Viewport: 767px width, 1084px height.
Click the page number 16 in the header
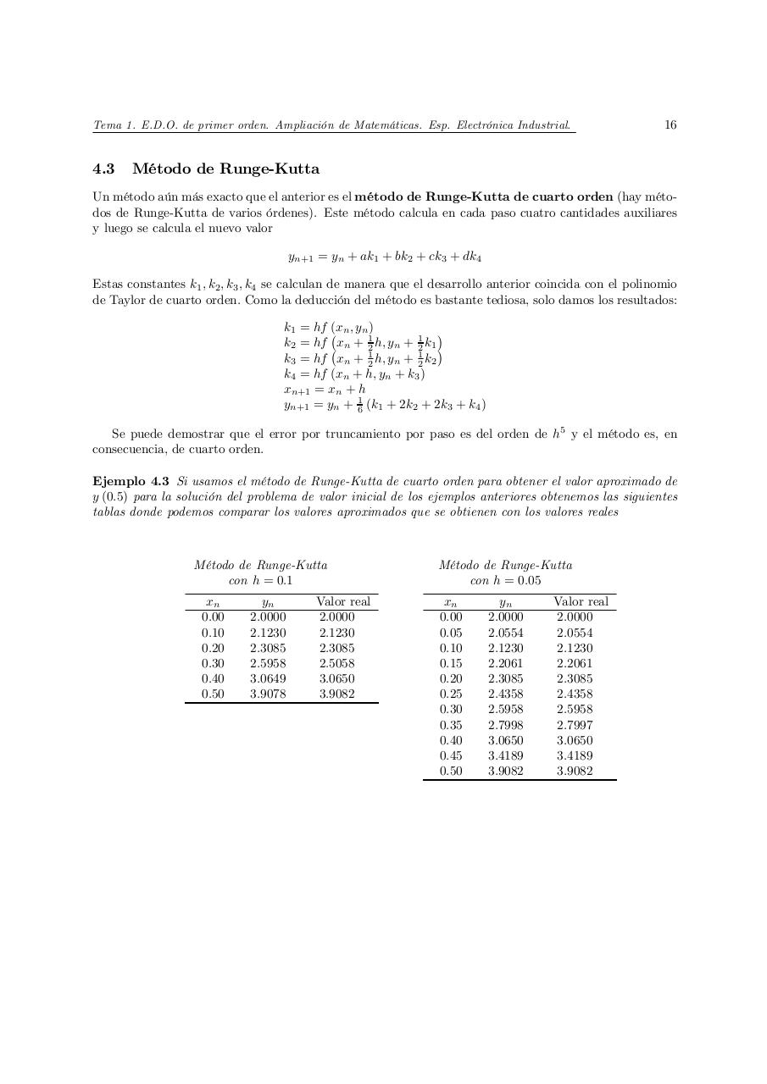tap(670, 125)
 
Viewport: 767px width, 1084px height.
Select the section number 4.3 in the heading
tap(103, 169)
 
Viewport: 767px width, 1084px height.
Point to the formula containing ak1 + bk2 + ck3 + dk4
tap(385, 256)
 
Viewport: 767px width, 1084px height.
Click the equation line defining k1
tap(328, 328)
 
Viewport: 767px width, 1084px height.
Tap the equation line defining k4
tap(354, 373)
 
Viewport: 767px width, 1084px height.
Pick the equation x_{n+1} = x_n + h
tap(325, 390)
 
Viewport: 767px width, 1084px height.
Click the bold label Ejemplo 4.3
tap(131, 481)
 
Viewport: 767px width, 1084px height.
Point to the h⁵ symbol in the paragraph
tap(559, 434)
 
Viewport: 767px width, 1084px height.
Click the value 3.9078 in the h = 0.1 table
tap(268, 694)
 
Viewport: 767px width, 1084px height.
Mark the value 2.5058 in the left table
tap(336, 663)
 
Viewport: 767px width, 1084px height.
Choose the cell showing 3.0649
tap(268, 678)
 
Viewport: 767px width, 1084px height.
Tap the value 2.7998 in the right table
tap(505, 725)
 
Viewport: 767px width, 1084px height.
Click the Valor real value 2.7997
tap(575, 725)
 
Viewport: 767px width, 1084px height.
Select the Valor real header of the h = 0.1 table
tap(343, 601)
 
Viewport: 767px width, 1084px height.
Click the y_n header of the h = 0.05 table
tap(505, 602)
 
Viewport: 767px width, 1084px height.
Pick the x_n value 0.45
tap(451, 755)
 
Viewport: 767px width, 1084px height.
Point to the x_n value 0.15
tap(451, 663)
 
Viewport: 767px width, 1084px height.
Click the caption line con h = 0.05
tap(505, 581)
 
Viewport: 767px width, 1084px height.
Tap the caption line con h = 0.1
tap(260, 581)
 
